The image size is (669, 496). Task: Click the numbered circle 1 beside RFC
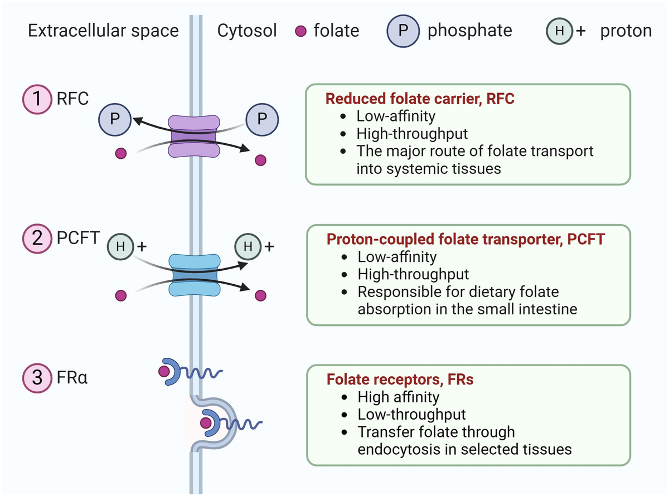[37, 100]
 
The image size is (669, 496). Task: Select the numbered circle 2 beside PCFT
[37, 239]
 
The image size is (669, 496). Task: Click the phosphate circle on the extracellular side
[114, 118]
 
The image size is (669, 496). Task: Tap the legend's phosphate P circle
[403, 31]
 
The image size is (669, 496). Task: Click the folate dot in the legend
[300, 31]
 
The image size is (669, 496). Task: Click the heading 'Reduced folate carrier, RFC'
[419, 99]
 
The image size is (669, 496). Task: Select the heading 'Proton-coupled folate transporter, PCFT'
[466, 240]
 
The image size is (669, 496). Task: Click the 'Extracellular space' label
[103, 31]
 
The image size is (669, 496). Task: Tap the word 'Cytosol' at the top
[247, 31]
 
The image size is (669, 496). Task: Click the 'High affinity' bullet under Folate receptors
[398, 397]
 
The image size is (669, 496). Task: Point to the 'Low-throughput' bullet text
[411, 415]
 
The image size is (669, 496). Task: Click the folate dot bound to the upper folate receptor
[164, 371]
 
